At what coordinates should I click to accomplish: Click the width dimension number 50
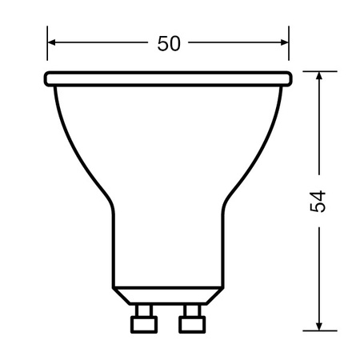point(168,44)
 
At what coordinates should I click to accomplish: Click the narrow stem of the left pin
point(145,309)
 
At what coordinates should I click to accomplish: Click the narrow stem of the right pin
point(191,309)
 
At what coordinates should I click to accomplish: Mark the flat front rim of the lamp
point(168,78)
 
